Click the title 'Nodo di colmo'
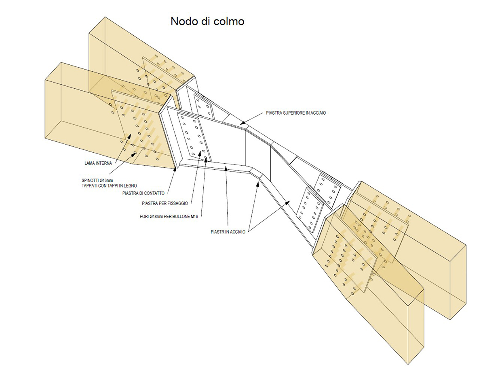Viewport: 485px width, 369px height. (x=207, y=21)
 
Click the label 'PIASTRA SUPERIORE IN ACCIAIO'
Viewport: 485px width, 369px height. (x=296, y=113)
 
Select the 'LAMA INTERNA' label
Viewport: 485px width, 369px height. (x=98, y=163)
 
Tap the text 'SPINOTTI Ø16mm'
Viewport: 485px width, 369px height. (x=97, y=180)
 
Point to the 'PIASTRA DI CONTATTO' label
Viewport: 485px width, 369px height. (x=143, y=193)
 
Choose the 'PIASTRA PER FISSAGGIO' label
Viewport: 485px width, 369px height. (x=165, y=203)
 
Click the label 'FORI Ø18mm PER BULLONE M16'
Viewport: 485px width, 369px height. (x=169, y=216)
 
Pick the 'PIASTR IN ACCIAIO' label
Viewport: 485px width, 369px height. (x=228, y=232)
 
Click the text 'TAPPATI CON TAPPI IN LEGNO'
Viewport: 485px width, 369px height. (x=110, y=186)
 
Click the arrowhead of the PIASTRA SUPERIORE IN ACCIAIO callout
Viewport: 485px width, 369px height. (x=242, y=122)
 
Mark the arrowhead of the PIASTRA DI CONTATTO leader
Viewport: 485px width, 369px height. (x=176, y=169)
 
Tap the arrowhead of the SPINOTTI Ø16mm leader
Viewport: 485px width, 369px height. (x=134, y=154)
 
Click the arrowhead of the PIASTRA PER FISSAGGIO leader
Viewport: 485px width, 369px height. (x=200, y=153)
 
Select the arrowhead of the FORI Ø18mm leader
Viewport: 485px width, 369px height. (x=206, y=159)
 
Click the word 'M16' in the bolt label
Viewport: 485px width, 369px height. (x=194, y=216)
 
